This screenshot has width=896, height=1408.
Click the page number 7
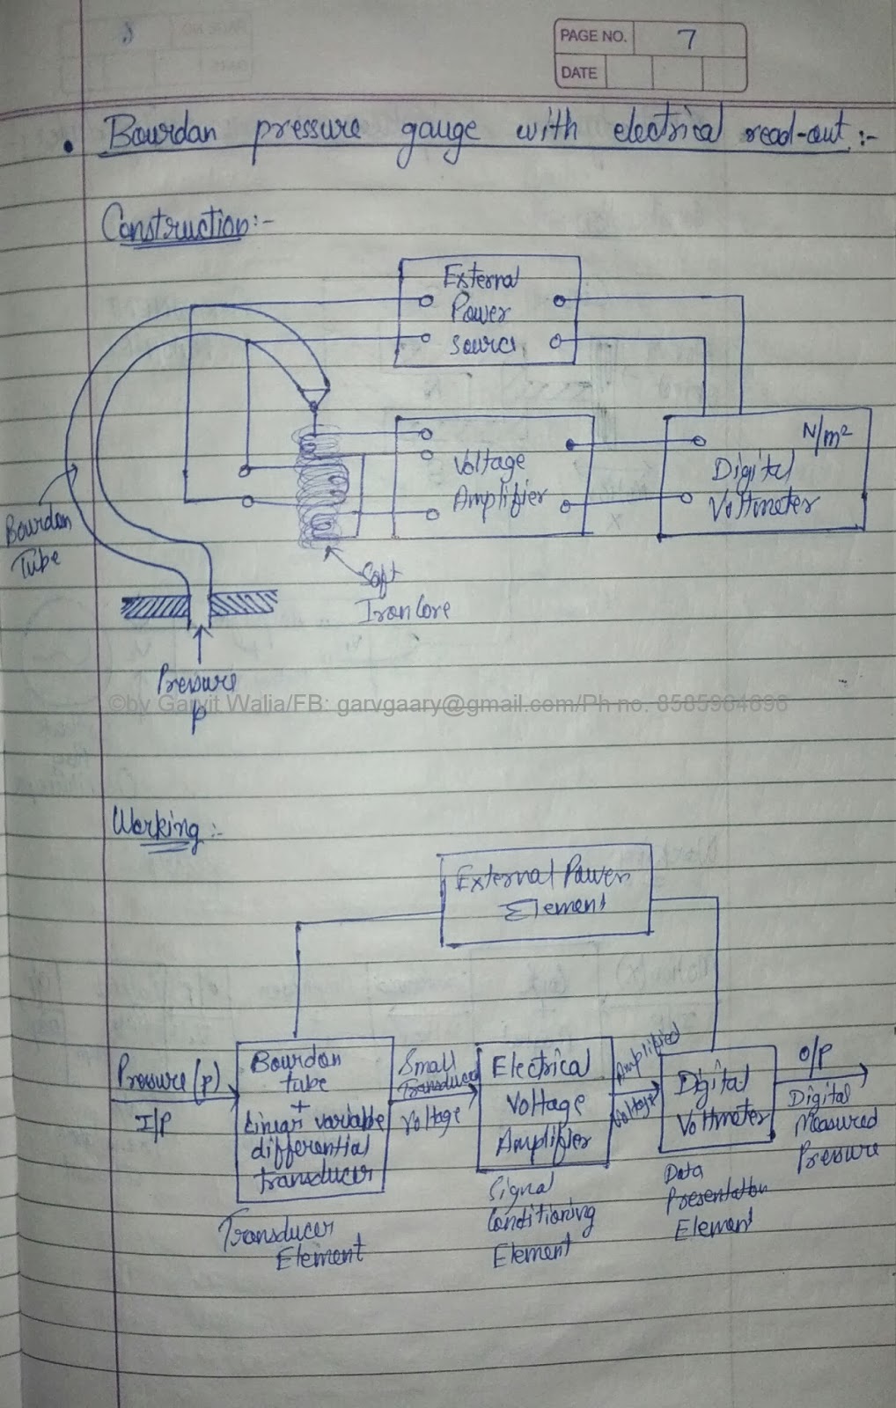point(687,39)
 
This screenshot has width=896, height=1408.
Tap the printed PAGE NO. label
point(592,37)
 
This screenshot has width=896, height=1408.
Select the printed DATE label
point(577,73)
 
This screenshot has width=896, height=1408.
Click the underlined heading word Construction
point(175,225)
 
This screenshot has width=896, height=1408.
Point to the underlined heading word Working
point(155,828)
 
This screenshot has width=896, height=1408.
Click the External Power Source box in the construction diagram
point(487,311)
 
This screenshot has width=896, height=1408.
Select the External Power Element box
point(545,892)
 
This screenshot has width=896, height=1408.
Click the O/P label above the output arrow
point(814,1056)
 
